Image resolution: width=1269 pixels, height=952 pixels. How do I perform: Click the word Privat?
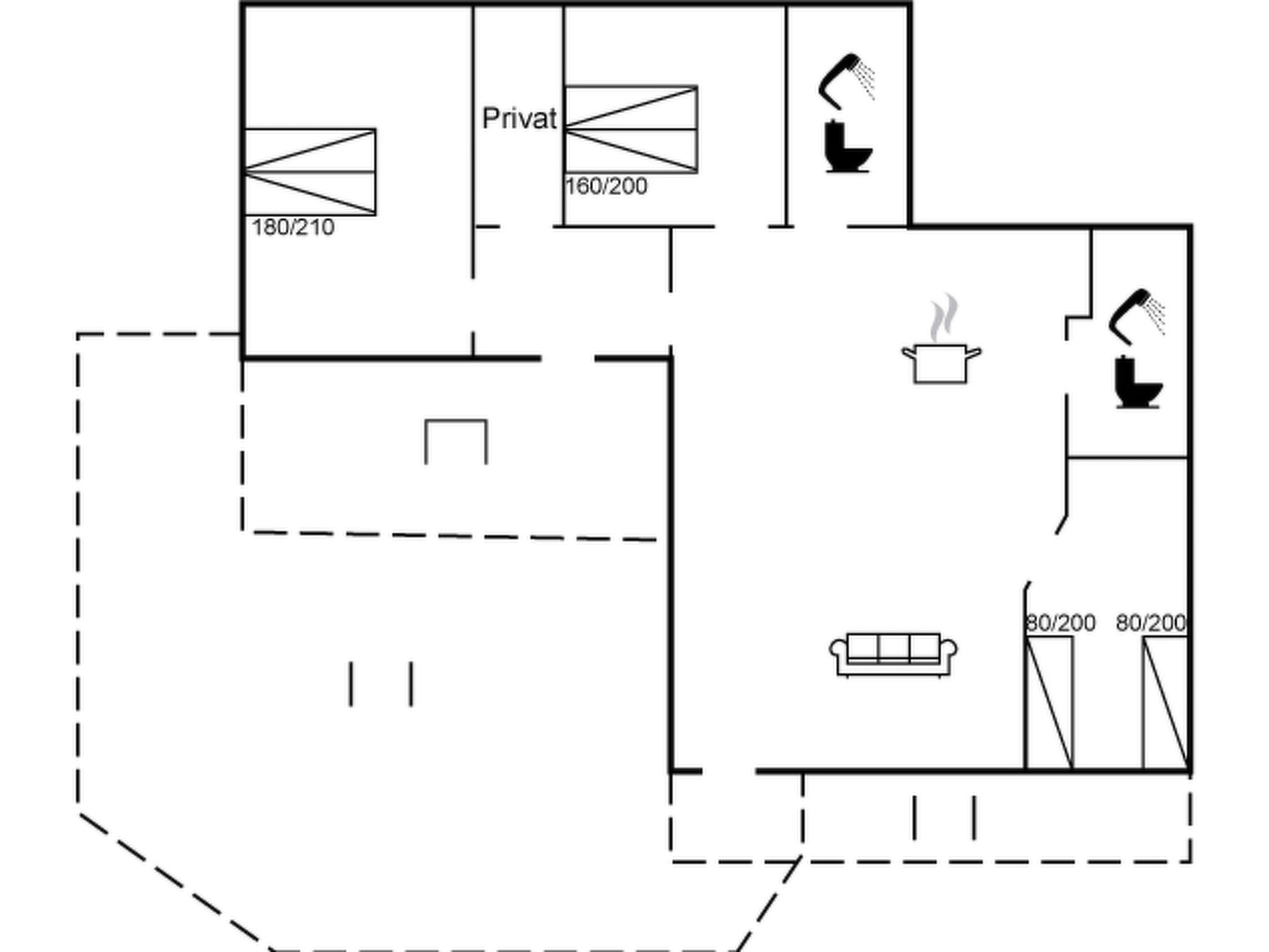[x=519, y=118]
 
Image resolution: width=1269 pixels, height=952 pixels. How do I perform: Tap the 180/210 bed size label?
[x=293, y=227]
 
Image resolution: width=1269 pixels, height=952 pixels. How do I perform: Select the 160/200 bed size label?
[x=607, y=186]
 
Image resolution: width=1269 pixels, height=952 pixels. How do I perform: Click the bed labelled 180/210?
[x=310, y=172]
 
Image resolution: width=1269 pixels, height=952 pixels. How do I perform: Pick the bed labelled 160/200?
[x=631, y=129]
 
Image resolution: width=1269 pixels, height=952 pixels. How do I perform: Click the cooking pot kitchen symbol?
[x=941, y=363]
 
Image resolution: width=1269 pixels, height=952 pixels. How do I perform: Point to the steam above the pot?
[x=944, y=317]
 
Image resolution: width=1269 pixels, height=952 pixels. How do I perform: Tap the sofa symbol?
[x=893, y=654]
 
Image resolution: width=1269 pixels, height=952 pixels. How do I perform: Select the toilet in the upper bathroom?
[x=848, y=146]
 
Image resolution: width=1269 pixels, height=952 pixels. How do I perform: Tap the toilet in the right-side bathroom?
[x=1138, y=382]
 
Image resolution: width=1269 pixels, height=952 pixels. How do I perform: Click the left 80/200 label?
[x=1061, y=623]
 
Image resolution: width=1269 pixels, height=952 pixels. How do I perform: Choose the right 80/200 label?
[x=1151, y=623]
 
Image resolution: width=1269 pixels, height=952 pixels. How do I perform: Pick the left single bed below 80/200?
[x=1050, y=703]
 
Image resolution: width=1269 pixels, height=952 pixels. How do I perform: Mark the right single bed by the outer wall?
[x=1166, y=703]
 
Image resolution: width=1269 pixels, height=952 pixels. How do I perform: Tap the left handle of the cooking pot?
[x=908, y=354]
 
